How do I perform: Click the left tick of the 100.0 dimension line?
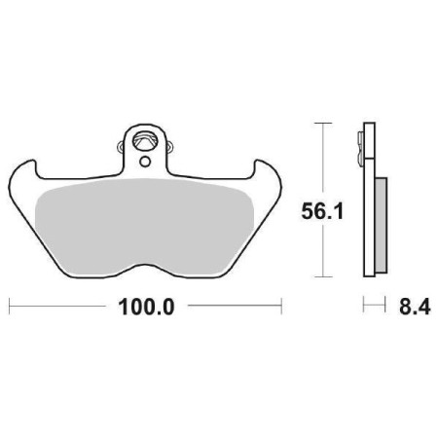click(10, 308)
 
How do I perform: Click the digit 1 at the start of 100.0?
click(123, 308)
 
